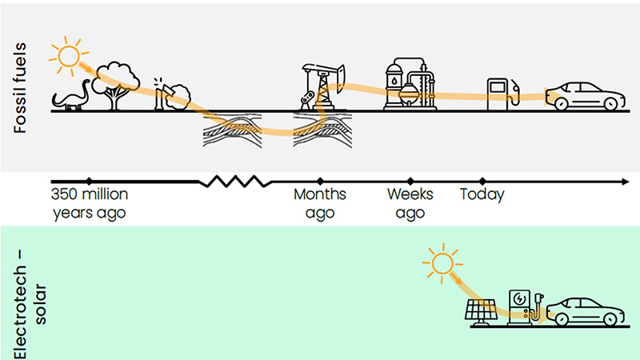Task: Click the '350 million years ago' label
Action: click(x=90, y=204)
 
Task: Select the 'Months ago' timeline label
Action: click(x=320, y=204)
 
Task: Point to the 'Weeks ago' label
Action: click(x=410, y=204)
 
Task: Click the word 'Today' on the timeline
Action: click(x=482, y=194)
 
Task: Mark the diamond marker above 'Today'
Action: click(x=482, y=182)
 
